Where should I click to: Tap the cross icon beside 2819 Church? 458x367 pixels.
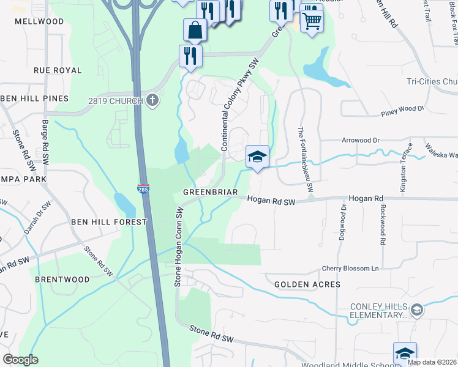tap(152, 101)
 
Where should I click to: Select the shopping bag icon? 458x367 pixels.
tap(195, 29)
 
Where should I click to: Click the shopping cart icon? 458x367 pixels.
tap(312, 23)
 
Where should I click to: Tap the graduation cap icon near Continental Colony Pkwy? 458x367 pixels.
tap(257, 157)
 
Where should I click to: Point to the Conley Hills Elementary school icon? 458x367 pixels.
tap(417, 310)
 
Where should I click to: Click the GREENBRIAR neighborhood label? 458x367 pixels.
tap(210, 192)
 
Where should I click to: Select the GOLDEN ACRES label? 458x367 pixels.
tap(307, 284)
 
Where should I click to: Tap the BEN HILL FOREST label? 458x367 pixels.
tap(109, 221)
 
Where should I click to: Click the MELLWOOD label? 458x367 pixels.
tap(40, 21)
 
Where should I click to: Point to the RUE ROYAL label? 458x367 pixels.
tap(58, 70)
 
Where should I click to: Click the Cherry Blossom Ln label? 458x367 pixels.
tap(351, 269)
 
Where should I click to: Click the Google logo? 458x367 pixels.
tap(20, 360)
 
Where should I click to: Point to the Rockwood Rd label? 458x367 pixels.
tap(382, 224)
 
